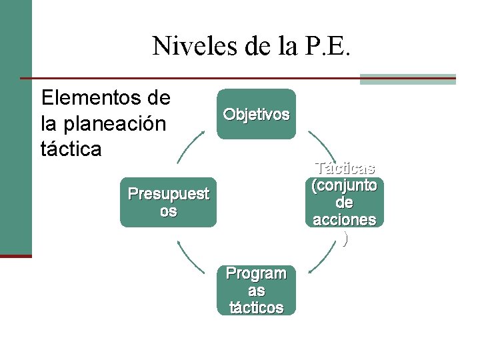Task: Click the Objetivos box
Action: pos(256,114)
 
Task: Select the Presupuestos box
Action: pos(169,202)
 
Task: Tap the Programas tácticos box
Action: pos(257,290)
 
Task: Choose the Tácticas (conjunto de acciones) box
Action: pos(345,202)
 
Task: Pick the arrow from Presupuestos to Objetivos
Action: pos(190,146)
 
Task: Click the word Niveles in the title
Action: pos(190,46)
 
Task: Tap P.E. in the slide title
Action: pos(333,46)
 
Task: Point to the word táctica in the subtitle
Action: pos(71,148)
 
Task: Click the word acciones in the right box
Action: pos(345,219)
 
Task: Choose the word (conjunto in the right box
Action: pos(345,185)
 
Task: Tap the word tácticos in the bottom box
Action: pos(257,307)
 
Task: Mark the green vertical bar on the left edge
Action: pos(16,127)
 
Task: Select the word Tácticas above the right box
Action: pos(345,168)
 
